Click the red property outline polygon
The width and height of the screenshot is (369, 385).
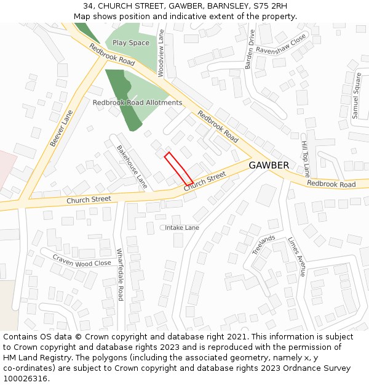179,167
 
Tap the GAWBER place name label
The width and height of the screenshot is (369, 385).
269,165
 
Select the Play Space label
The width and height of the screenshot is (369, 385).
131,43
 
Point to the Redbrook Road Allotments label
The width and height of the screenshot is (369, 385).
137,102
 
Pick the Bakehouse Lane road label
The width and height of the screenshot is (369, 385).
132,166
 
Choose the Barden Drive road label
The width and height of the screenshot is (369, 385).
250,49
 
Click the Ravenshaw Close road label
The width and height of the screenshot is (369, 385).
281,44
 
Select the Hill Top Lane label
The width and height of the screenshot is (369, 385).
305,157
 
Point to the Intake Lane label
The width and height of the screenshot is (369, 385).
182,227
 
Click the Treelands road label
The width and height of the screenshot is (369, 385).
264,245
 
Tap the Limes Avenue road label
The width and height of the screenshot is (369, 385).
297,256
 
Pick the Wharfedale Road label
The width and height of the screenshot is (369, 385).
121,274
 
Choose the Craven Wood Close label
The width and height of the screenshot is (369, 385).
82,260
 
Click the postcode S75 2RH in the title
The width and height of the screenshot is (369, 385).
264,6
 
